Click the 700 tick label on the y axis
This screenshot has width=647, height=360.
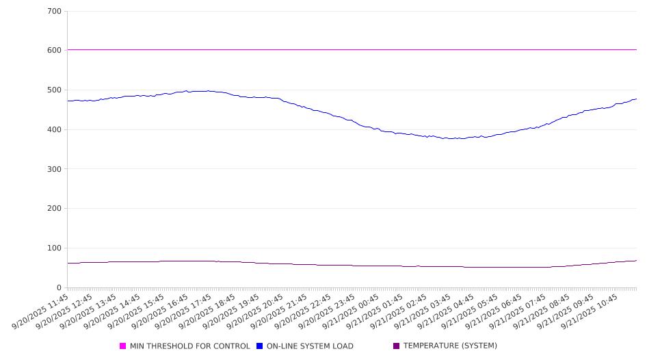point(55,12)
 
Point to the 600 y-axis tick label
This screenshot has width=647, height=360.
point(55,51)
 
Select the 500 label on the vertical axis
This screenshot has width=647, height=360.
point(55,90)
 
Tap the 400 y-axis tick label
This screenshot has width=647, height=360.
point(55,130)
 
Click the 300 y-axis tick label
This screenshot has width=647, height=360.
point(55,169)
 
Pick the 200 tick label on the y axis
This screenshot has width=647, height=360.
point(55,209)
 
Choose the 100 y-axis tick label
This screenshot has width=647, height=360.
point(55,248)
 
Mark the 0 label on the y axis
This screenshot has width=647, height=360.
point(59,288)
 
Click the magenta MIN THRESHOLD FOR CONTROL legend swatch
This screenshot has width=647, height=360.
point(123,346)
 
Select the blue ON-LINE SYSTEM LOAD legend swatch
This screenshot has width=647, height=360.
point(260,346)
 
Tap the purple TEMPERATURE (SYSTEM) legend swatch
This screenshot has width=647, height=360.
point(397,346)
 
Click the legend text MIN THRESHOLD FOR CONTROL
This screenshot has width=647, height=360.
point(189,346)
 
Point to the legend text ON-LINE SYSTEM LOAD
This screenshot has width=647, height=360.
point(310,346)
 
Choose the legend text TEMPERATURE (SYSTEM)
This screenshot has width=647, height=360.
point(450,346)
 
